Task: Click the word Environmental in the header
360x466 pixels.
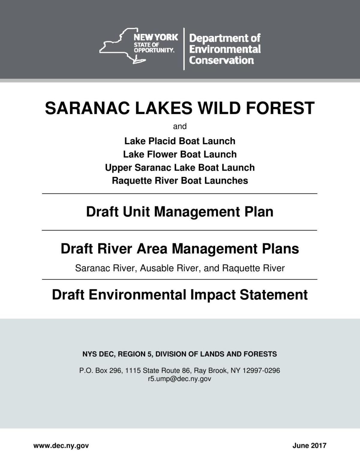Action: click(x=225, y=49)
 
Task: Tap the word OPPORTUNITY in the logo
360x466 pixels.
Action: click(x=154, y=50)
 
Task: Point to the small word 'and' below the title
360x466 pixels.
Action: click(x=180, y=127)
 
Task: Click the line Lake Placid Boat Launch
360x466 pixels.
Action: click(x=180, y=141)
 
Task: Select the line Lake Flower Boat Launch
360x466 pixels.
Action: click(x=180, y=154)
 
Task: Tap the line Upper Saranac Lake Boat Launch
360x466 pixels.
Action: click(x=180, y=167)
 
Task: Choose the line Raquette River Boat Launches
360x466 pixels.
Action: click(x=180, y=181)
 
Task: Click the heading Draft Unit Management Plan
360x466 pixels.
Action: click(x=180, y=212)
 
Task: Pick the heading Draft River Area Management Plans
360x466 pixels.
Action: click(x=180, y=249)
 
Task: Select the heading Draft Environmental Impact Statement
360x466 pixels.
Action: click(x=180, y=295)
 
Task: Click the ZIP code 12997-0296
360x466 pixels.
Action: click(x=261, y=371)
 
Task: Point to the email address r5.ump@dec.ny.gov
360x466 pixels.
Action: click(x=179, y=379)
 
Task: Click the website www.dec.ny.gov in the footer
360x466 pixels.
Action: click(x=61, y=446)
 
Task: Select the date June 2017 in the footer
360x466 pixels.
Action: click(x=309, y=446)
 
